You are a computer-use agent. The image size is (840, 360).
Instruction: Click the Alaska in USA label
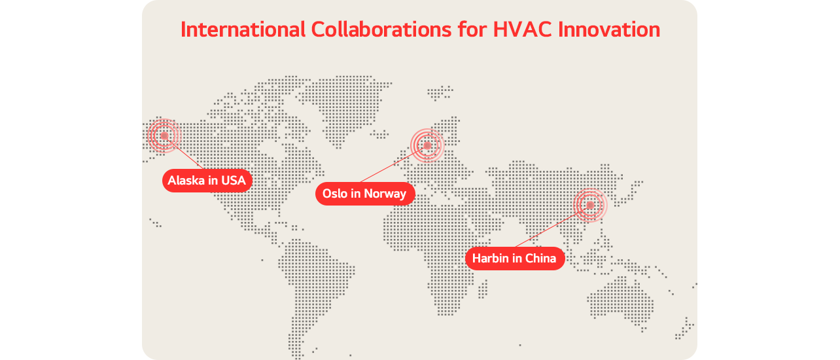(207, 180)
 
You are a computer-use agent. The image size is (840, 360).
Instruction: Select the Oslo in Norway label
(364, 194)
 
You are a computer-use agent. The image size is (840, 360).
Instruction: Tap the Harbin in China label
(514, 259)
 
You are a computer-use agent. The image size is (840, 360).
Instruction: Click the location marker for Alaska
(164, 136)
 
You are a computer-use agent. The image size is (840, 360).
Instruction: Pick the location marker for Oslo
(427, 145)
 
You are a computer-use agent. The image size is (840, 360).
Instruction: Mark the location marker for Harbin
(590, 205)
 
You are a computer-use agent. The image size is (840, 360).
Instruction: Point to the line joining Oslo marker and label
(393, 164)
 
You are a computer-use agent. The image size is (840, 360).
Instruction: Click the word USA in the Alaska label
(234, 180)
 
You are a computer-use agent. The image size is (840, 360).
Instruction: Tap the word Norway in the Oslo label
(385, 194)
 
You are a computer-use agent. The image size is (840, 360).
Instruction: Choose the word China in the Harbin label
(540, 259)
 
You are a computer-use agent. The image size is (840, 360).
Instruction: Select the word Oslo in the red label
(335, 194)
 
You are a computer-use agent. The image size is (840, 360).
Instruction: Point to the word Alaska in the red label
(186, 180)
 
